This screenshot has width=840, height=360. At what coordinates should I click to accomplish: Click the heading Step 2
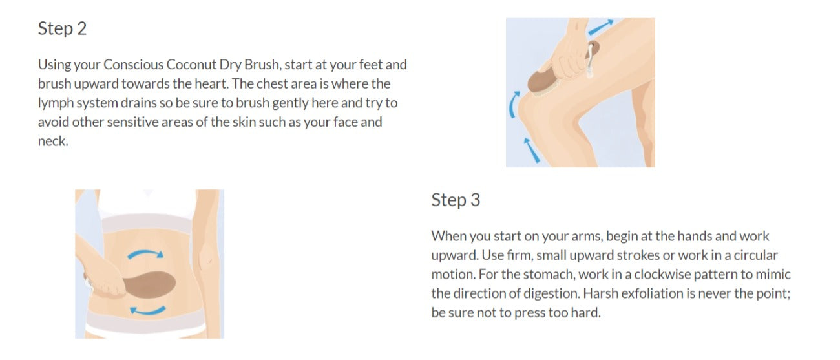click(62, 29)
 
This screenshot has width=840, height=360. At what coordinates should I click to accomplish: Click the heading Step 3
click(456, 200)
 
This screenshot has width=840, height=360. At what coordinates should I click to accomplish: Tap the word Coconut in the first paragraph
click(191, 65)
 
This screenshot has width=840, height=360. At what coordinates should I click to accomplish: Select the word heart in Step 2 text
click(211, 83)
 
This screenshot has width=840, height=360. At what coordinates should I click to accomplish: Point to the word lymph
click(56, 103)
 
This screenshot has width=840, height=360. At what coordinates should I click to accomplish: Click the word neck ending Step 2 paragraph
click(53, 142)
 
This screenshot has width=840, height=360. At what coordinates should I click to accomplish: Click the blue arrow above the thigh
click(601, 27)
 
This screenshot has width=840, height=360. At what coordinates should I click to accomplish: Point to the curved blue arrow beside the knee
click(512, 105)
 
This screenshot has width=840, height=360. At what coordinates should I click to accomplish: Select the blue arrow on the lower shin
click(531, 150)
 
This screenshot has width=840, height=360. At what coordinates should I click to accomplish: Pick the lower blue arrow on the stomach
click(147, 312)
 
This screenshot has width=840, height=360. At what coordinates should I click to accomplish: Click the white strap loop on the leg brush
click(591, 60)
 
